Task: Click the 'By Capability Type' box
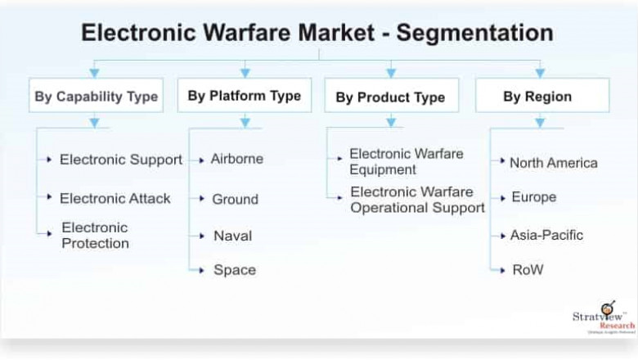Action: tap(96, 96)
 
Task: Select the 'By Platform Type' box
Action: tap(244, 95)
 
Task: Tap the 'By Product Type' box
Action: tap(390, 97)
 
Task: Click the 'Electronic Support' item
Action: tap(120, 160)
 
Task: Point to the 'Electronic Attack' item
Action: tap(115, 198)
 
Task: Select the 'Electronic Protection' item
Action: tap(95, 236)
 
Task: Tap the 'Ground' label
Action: tap(235, 199)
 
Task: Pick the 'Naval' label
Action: tap(232, 236)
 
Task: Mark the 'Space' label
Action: tap(234, 270)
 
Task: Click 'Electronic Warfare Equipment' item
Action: tap(406, 161)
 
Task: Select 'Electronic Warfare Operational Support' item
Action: tap(417, 200)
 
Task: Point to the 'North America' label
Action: tap(553, 163)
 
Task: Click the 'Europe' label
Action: tap(533, 197)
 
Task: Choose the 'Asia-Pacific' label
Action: tap(546, 235)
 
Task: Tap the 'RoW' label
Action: tap(527, 269)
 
